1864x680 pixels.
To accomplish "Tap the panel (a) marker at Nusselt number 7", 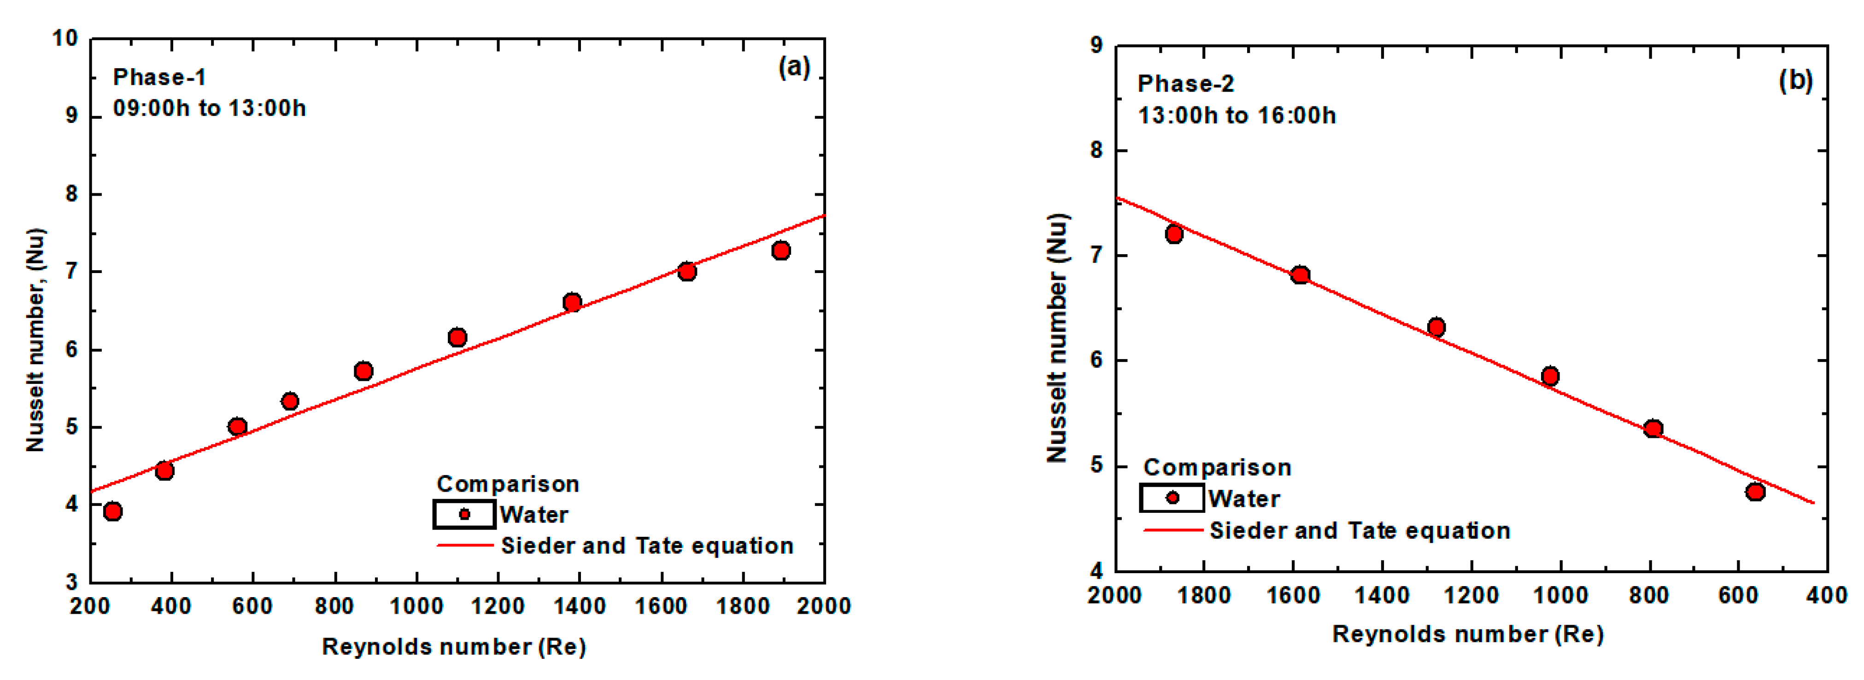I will [x=687, y=271].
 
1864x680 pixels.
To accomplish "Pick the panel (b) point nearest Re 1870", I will [x=1174, y=234].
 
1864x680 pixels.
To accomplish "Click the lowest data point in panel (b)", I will [x=1755, y=492].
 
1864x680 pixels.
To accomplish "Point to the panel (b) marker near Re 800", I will [x=1653, y=428].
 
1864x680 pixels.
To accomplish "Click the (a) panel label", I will [x=794, y=67].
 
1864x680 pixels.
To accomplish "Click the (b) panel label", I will [x=1795, y=80].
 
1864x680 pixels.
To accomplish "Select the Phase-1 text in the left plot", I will [x=159, y=77].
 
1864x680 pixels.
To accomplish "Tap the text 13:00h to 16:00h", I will [x=1237, y=116].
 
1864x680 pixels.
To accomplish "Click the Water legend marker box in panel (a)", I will [x=464, y=514].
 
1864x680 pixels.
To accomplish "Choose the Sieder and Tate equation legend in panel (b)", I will [x=1359, y=530].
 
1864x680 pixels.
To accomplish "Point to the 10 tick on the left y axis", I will [x=65, y=38].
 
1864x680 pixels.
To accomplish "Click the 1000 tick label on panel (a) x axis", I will [x=417, y=605].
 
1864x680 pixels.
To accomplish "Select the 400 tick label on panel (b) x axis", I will [x=1827, y=595].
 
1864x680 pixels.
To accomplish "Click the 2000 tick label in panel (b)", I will [x=1115, y=595].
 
